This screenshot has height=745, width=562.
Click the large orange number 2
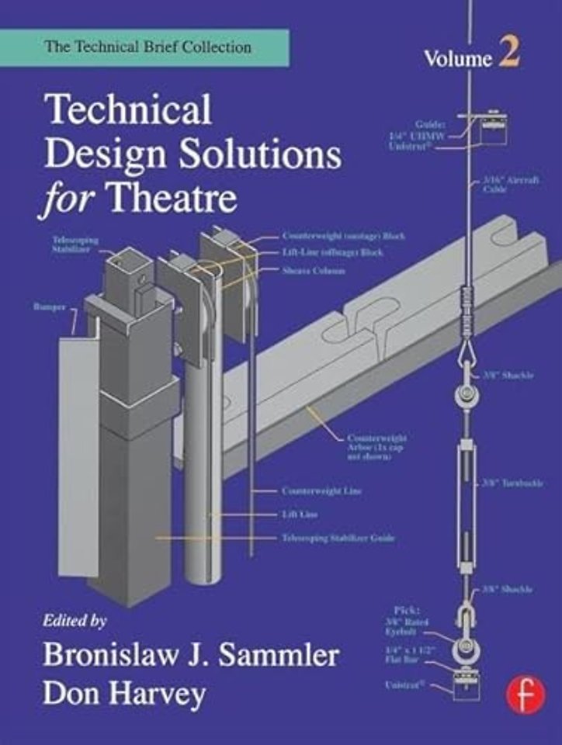point(509,57)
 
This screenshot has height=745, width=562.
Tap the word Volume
point(458,59)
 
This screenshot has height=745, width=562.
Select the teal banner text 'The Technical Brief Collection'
point(147,47)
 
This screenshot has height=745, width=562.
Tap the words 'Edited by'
point(75,621)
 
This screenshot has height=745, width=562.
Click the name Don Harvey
point(124,693)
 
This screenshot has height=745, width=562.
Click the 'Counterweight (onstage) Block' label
point(343,235)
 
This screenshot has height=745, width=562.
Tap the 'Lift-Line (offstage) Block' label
point(332,252)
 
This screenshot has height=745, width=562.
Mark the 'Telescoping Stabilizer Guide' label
point(338,536)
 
